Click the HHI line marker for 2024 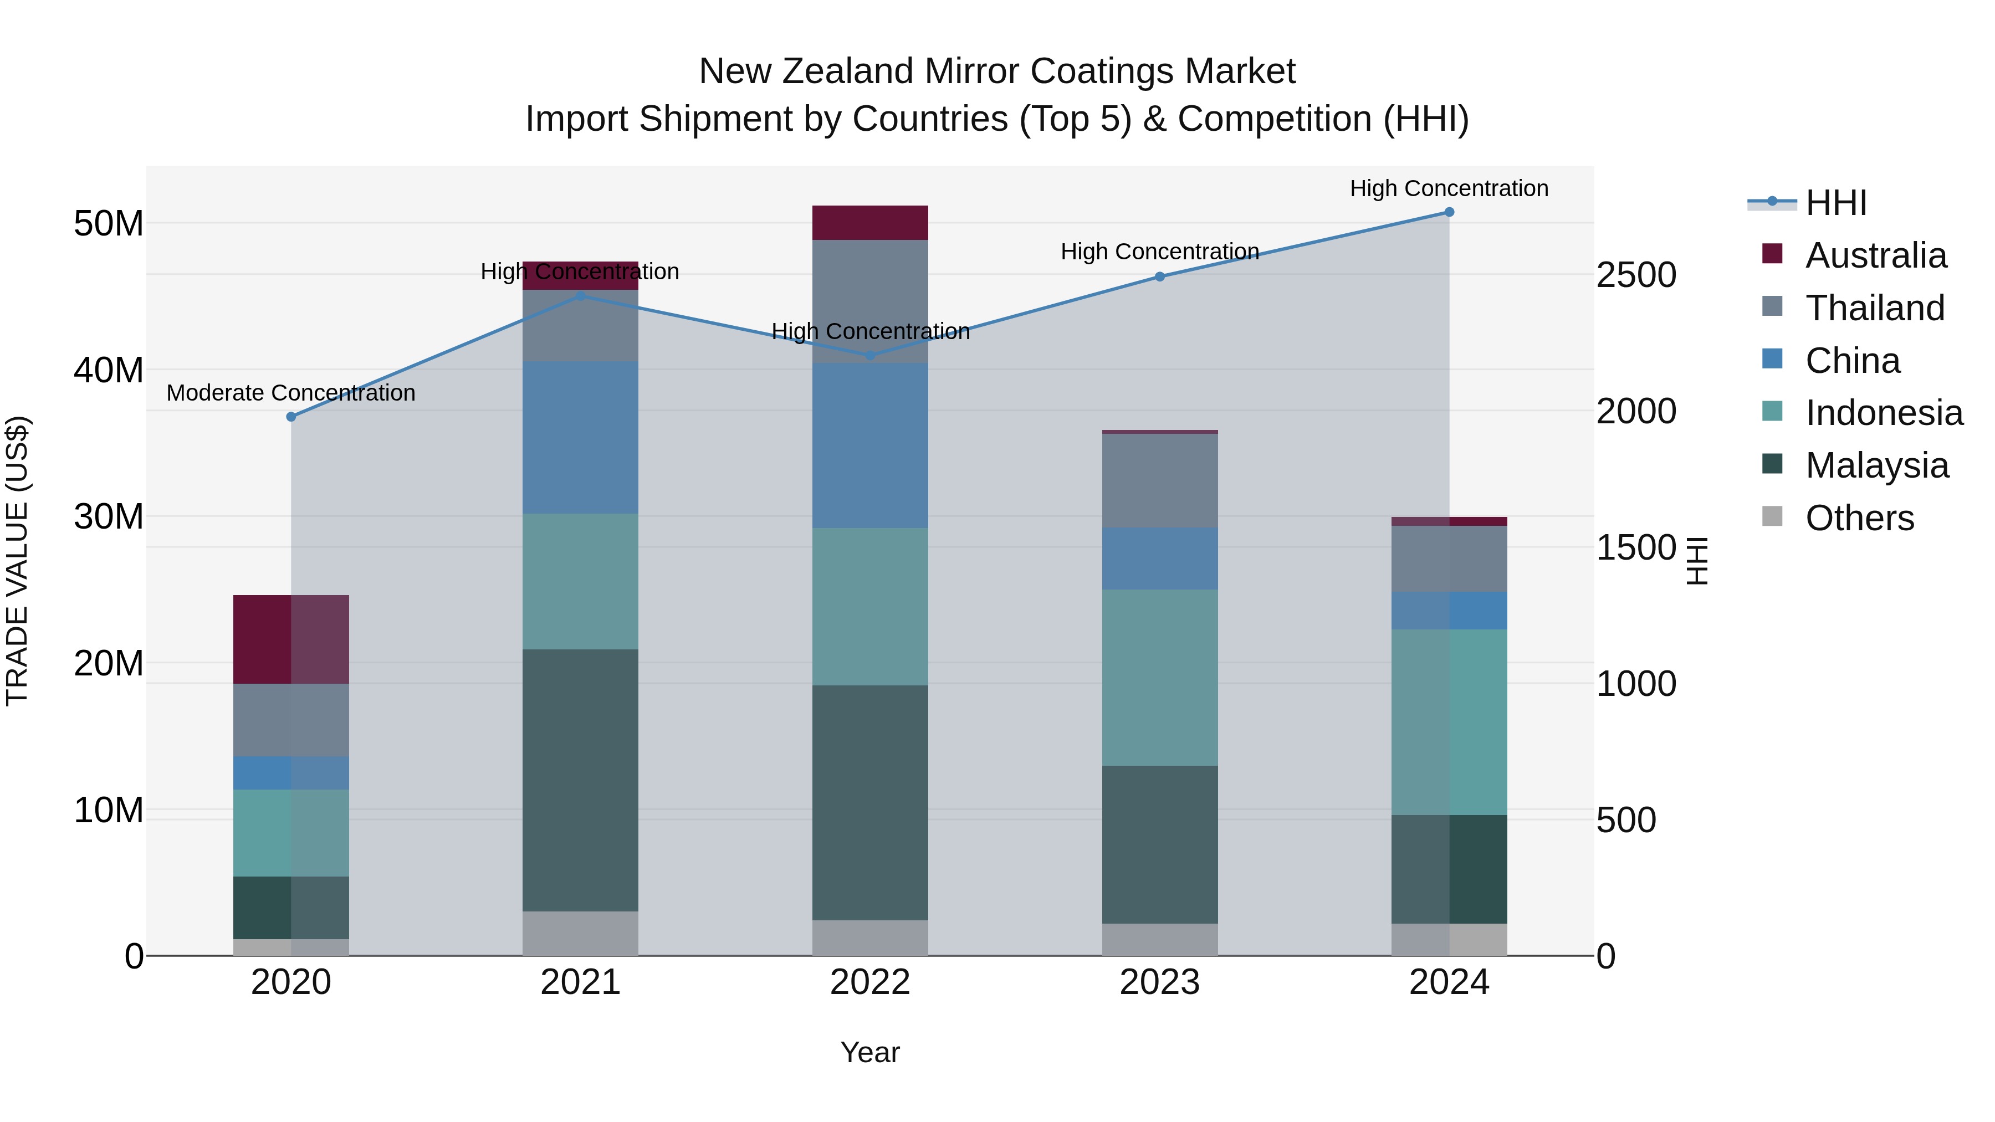(x=1449, y=212)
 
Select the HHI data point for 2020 (x=291, y=417)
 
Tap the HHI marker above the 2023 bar (x=1159, y=276)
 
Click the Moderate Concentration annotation (x=291, y=393)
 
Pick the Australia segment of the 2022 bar (x=869, y=223)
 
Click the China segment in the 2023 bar (x=1159, y=559)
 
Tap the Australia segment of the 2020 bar (x=291, y=639)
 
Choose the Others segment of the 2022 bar (x=869, y=937)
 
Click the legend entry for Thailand (x=1874, y=308)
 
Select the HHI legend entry (x=1835, y=203)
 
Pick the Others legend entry (x=1859, y=518)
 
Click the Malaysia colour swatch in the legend (x=1772, y=465)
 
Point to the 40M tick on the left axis (x=109, y=370)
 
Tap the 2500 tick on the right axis (x=1636, y=276)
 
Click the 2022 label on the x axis (x=869, y=982)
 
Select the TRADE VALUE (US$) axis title (x=17, y=561)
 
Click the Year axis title (x=869, y=1052)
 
